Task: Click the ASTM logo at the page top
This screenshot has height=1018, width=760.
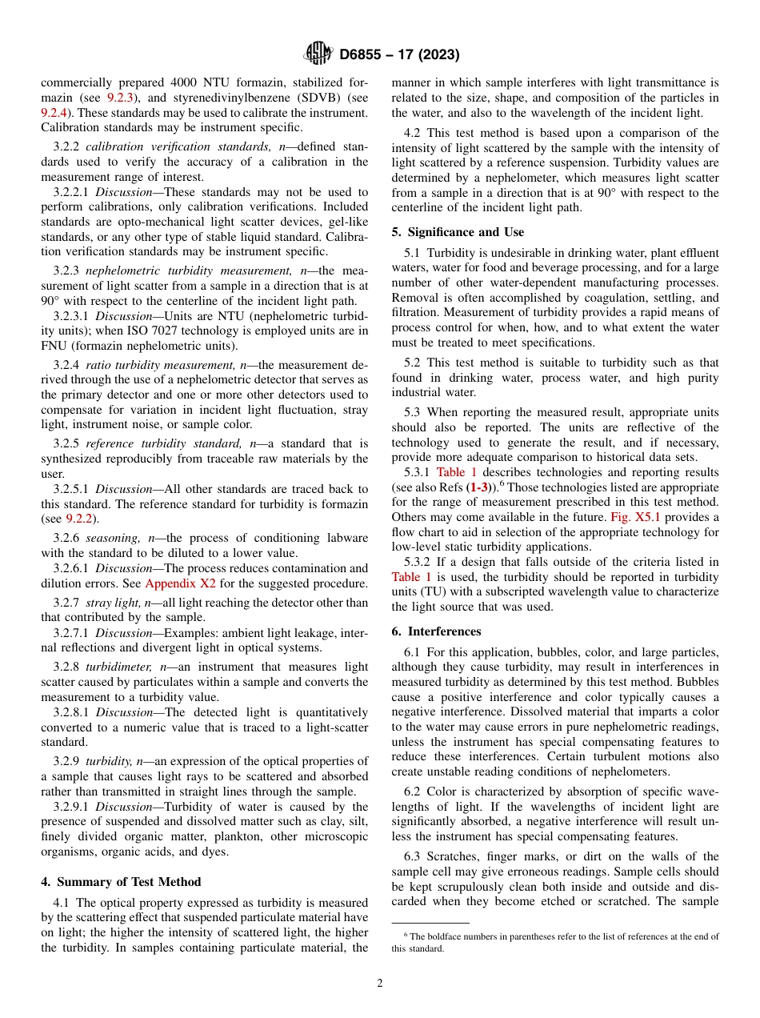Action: (x=318, y=54)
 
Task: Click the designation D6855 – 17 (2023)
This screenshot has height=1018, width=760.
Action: (x=398, y=55)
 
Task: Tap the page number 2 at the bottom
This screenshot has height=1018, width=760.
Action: (x=380, y=984)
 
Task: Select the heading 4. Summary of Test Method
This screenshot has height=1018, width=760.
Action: (x=121, y=882)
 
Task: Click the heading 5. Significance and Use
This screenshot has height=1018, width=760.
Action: (x=458, y=232)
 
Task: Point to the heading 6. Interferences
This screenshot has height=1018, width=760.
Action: (x=436, y=631)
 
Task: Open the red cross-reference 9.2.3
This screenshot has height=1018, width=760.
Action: (x=121, y=97)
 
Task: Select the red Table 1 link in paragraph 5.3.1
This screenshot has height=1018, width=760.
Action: (x=456, y=472)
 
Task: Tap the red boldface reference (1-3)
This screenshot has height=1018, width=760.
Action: (x=481, y=487)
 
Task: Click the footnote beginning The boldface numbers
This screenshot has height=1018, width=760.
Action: (x=554, y=942)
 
